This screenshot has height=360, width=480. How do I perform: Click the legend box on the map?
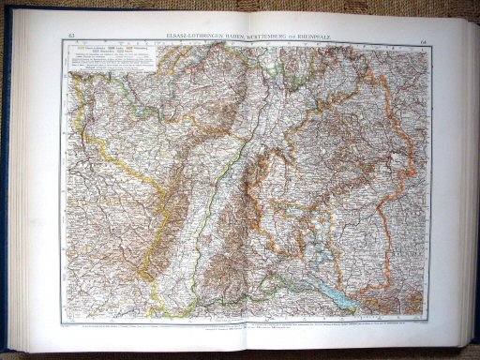click(109, 62)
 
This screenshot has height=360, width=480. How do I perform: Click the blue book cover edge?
click(7, 187)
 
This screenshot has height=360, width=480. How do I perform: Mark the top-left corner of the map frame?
click(62, 43)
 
